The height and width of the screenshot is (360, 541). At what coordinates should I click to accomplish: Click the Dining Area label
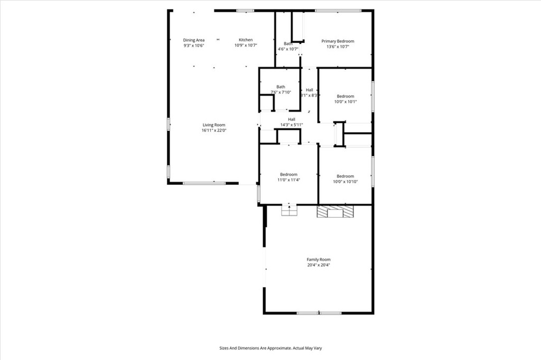coord(194,40)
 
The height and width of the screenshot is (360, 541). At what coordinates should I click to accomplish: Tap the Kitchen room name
coord(246,40)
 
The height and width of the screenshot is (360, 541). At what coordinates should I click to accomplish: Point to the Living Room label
coord(214,125)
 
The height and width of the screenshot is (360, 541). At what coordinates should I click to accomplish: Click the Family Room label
coord(319,260)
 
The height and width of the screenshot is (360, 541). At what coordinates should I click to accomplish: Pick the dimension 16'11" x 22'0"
coord(214,130)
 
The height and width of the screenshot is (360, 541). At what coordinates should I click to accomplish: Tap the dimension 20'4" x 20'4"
coord(319,265)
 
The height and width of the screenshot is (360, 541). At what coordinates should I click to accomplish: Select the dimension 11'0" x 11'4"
coord(289,180)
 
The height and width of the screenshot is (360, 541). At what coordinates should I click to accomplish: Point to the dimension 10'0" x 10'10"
coord(346,182)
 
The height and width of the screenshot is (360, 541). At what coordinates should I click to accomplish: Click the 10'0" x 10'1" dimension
coord(346,102)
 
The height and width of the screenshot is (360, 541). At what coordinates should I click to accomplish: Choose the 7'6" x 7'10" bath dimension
coord(281,92)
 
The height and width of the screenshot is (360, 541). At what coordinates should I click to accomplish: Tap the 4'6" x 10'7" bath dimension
coord(288,50)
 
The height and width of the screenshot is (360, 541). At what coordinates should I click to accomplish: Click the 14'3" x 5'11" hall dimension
coord(292,125)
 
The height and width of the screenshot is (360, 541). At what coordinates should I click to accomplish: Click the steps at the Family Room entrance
coord(288,211)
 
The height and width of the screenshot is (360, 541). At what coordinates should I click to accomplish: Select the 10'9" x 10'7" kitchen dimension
coord(246,45)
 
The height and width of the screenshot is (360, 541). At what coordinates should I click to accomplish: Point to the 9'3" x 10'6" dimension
coord(194,45)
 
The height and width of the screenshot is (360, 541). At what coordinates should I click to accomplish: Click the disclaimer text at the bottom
coord(270,348)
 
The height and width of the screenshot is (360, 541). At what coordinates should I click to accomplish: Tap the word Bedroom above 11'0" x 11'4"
coord(289,175)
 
